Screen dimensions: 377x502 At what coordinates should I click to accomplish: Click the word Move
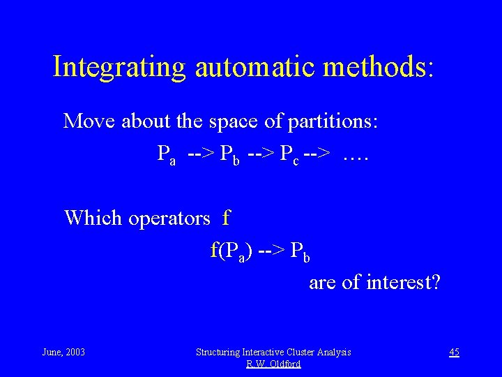90,121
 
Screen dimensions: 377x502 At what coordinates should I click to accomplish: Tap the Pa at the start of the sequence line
166,154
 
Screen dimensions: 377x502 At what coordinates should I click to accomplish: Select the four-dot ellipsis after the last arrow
356,153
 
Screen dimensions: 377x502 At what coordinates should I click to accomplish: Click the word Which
92,218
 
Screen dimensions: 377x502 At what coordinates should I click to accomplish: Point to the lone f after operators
226,218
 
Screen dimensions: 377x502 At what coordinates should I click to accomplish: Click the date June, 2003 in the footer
63,352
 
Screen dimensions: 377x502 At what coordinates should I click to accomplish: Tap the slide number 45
454,352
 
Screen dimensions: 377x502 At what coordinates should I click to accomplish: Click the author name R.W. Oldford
273,364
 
